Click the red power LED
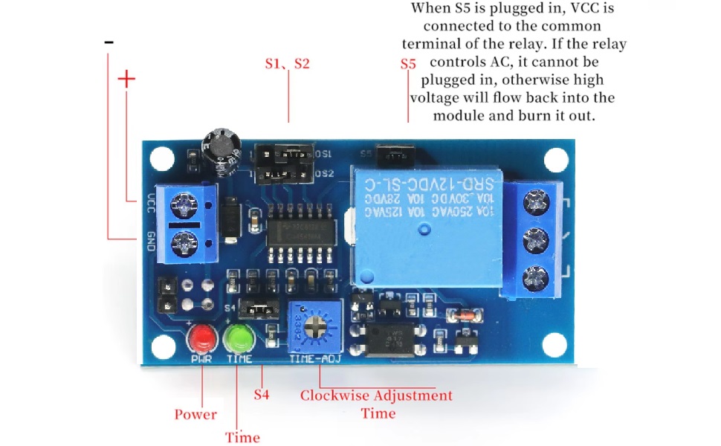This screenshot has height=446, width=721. click(x=201, y=340)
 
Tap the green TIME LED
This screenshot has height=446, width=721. click(x=239, y=339)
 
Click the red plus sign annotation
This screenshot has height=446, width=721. click(x=127, y=80)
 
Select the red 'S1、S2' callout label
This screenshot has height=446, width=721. click(x=287, y=63)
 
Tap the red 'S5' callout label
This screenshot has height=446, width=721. click(x=407, y=64)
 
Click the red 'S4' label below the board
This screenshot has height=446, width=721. click(x=261, y=394)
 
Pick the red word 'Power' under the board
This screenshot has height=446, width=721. click(x=195, y=414)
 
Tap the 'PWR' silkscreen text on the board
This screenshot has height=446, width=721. click(x=201, y=360)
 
